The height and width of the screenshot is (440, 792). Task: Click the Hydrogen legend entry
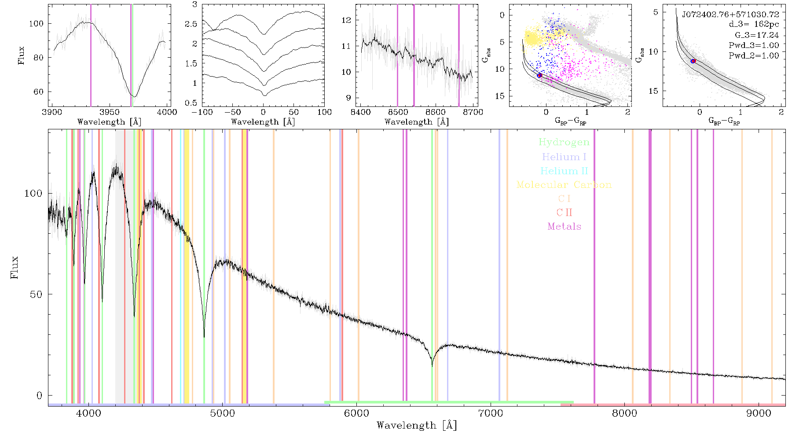564,142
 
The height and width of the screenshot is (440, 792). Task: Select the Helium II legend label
564,171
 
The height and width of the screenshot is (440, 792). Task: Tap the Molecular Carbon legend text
564,185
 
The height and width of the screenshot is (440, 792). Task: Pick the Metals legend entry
564,226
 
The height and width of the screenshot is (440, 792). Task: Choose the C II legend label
564,213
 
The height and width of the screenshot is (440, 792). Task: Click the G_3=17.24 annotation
757,35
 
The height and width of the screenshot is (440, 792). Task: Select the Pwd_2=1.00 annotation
754,55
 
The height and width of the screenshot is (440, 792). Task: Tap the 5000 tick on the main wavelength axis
223,413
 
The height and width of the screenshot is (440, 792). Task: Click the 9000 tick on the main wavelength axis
759,413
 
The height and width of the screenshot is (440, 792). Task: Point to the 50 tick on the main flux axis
37,294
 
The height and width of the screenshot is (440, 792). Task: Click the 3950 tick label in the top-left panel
110,112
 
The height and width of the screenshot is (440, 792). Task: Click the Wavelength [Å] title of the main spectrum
417,425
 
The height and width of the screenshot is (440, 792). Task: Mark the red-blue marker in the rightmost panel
693,61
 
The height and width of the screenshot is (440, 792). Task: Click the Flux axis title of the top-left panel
21,55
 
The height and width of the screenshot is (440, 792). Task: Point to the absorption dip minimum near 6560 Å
432,365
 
